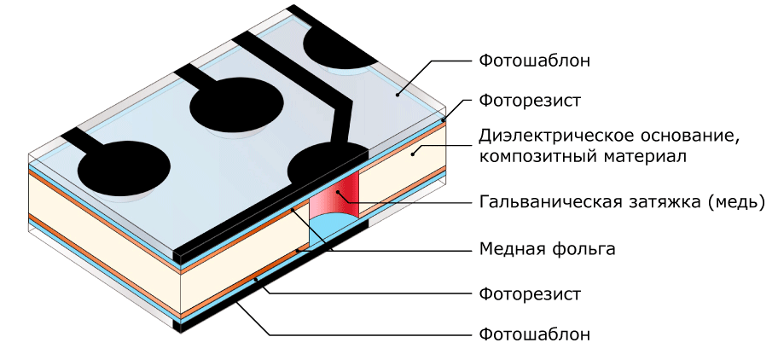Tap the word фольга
(x=583, y=248)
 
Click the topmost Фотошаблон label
(x=535, y=61)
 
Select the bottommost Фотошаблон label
(x=535, y=334)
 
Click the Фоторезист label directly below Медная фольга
(x=530, y=294)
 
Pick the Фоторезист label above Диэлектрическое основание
(x=530, y=101)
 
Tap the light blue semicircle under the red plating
(x=334, y=230)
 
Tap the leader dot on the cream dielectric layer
(x=411, y=154)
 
